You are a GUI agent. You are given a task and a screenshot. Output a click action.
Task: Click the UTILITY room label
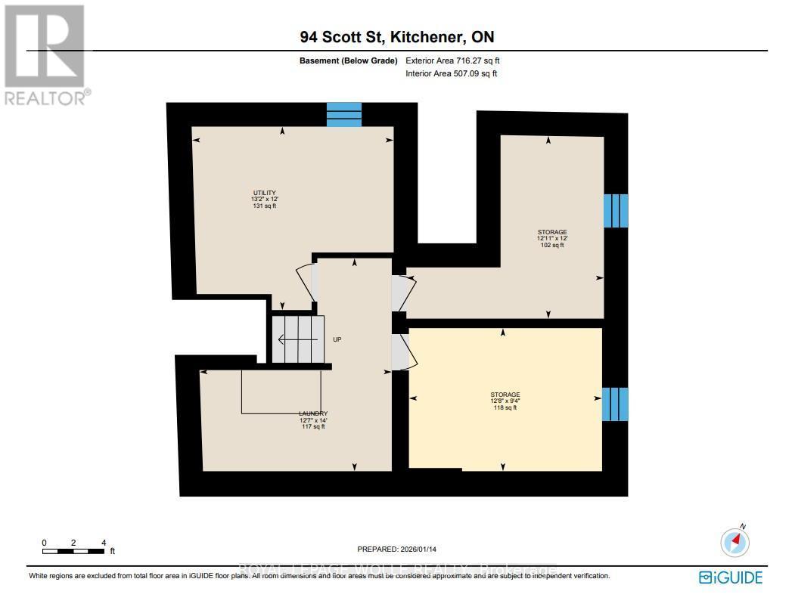[264, 192]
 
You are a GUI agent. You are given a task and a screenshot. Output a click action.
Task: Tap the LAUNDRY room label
[312, 413]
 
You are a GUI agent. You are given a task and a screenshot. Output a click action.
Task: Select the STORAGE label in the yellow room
[505, 395]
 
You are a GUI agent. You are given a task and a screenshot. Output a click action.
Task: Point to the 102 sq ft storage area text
[551, 245]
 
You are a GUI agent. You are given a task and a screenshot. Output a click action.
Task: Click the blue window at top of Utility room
[344, 115]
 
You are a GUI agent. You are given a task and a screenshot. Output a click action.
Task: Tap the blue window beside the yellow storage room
[615, 404]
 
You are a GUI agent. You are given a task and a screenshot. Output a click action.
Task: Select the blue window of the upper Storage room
[615, 211]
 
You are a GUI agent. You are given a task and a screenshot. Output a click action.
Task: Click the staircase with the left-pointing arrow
[297, 339]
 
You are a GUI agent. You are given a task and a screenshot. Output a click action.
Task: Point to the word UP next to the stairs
[337, 339]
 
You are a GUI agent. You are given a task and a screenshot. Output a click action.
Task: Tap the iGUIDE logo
[730, 577]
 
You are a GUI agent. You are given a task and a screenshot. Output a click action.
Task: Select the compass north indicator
[735, 541]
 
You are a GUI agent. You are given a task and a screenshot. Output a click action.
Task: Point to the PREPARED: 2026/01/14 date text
[397, 549]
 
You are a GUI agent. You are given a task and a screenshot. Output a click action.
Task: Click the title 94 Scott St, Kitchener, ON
[396, 37]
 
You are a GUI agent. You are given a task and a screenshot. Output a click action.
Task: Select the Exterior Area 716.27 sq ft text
[452, 60]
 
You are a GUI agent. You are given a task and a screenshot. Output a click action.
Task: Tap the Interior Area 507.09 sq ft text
[452, 73]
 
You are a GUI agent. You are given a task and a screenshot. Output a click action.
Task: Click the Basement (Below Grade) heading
[349, 60]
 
